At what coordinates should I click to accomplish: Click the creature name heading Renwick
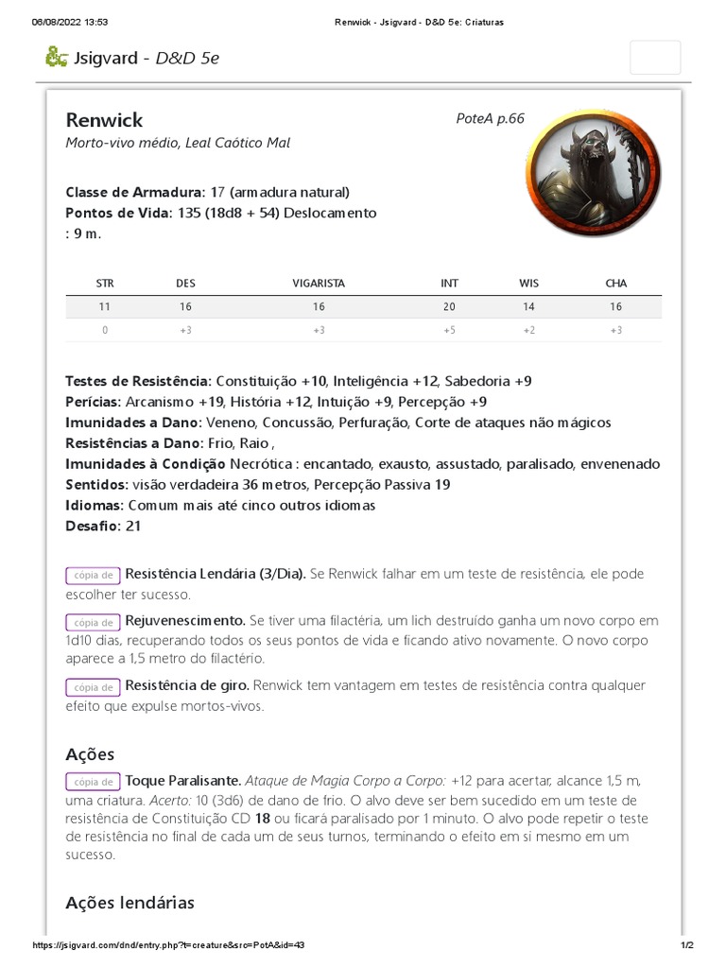pyautogui.click(x=105, y=120)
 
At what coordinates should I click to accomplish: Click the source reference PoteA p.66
pyautogui.click(x=490, y=118)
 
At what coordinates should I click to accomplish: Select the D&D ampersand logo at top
pyautogui.click(x=56, y=57)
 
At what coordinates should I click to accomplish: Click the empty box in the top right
pyautogui.click(x=654, y=57)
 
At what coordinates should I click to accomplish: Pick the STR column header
pyautogui.click(x=105, y=283)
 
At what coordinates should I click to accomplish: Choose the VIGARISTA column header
pyautogui.click(x=319, y=283)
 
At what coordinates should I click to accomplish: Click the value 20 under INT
pyautogui.click(x=449, y=307)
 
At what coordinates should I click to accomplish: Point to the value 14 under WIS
pyautogui.click(x=528, y=307)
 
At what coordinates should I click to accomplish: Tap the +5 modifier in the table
pyautogui.click(x=449, y=330)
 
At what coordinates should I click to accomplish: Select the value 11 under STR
pyautogui.click(x=105, y=307)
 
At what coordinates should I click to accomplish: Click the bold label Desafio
pyautogui.click(x=92, y=526)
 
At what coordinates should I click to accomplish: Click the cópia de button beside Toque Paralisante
pyautogui.click(x=93, y=782)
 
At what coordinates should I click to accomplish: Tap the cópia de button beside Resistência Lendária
pyautogui.click(x=93, y=575)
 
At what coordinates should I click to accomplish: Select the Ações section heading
pyautogui.click(x=90, y=754)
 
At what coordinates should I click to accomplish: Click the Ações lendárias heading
pyautogui.click(x=130, y=903)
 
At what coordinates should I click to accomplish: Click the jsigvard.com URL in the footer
pyautogui.click(x=168, y=945)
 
